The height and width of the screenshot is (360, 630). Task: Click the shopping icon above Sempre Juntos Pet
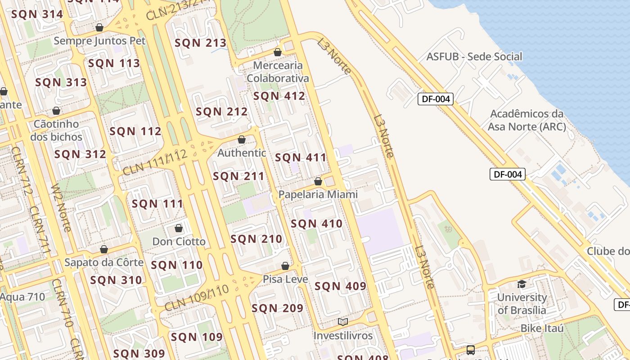(99, 28)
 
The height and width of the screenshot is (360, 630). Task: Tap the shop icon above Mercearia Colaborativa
(278, 52)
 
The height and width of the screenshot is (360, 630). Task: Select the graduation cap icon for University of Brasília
(522, 284)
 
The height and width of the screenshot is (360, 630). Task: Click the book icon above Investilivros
(343, 322)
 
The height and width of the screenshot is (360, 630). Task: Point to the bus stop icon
(470, 350)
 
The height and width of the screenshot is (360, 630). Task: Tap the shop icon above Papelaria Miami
(318, 181)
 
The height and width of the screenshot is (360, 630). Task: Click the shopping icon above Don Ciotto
(179, 228)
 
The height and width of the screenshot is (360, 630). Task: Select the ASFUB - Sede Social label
(474, 57)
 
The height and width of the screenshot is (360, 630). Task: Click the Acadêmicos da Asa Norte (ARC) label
(526, 120)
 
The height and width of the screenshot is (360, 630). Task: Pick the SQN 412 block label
(279, 96)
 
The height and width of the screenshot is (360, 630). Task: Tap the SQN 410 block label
(316, 224)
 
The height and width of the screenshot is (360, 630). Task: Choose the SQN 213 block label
(200, 43)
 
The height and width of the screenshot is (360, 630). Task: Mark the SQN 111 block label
(157, 204)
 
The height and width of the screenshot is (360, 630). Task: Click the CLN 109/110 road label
(197, 298)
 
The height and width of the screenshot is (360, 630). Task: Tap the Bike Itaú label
(542, 328)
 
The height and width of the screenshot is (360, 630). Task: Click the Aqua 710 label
(22, 297)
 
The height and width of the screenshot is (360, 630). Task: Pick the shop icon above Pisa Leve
(285, 266)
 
